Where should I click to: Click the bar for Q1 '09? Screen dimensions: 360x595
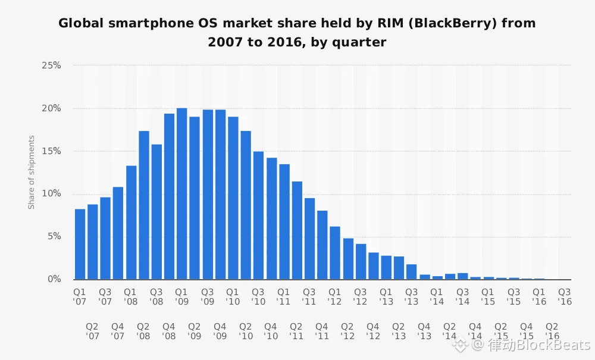(x=181, y=194)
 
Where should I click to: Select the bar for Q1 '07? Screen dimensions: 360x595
(x=80, y=244)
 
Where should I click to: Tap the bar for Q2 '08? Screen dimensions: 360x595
(x=143, y=205)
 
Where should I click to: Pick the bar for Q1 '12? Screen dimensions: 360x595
(x=335, y=253)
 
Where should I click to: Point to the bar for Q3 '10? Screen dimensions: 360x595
(x=258, y=215)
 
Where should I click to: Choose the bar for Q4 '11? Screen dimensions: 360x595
(x=322, y=245)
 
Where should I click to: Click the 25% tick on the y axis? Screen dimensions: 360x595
(x=51, y=65)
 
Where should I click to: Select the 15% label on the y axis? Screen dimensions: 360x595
(x=51, y=151)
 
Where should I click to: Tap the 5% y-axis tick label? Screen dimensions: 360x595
(x=54, y=236)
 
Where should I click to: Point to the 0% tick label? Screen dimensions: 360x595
(x=54, y=279)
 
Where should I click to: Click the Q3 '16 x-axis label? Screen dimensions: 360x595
(x=564, y=297)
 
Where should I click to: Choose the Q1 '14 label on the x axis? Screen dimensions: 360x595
(x=437, y=297)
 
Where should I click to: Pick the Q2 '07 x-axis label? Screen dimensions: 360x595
(x=92, y=331)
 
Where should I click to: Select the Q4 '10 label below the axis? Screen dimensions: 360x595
(x=271, y=331)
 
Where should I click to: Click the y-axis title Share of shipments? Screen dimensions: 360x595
(x=32, y=173)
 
